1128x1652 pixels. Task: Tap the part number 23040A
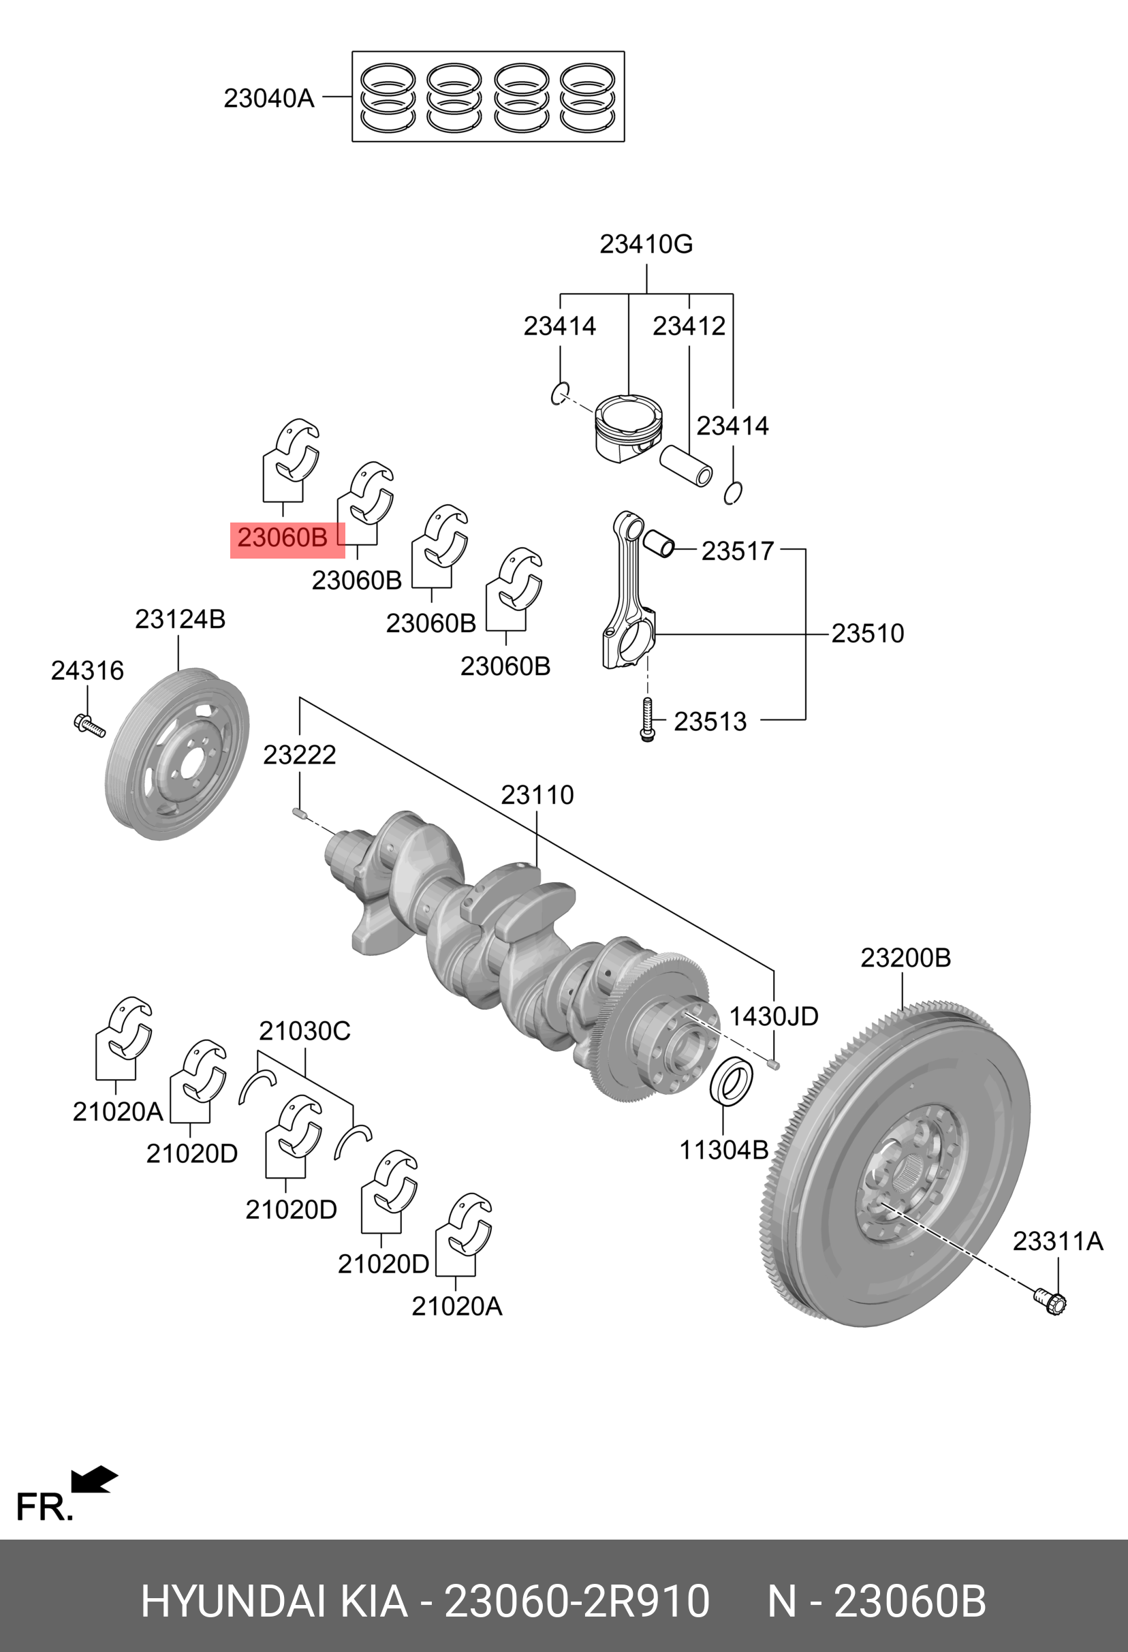(x=268, y=98)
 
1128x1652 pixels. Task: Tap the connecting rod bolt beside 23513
(x=647, y=719)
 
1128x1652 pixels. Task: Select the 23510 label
(x=867, y=634)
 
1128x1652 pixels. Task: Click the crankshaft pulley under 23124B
(x=177, y=754)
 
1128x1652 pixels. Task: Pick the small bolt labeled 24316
(x=88, y=725)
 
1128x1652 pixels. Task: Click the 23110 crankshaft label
(x=537, y=795)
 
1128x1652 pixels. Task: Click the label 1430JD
(x=773, y=1016)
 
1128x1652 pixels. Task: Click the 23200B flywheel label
(x=905, y=958)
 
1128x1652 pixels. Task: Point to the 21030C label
(x=304, y=1030)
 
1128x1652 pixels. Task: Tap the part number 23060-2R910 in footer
(x=576, y=1601)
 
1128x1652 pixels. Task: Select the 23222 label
(x=299, y=754)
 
